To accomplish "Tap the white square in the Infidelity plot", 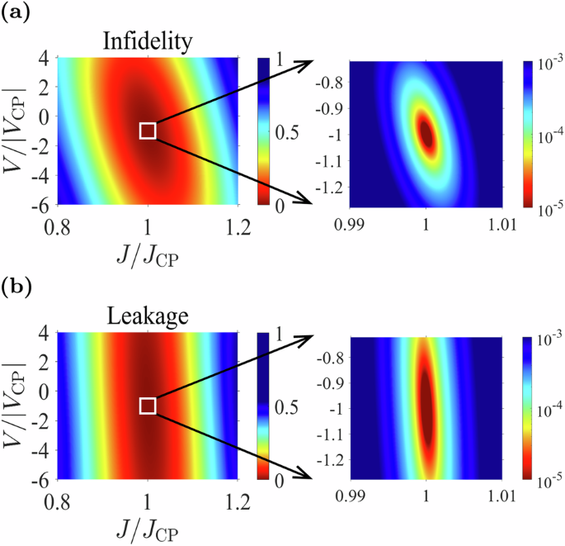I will (148, 131).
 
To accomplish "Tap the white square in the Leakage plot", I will (148, 406).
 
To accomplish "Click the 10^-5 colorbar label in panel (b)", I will (540, 477).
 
